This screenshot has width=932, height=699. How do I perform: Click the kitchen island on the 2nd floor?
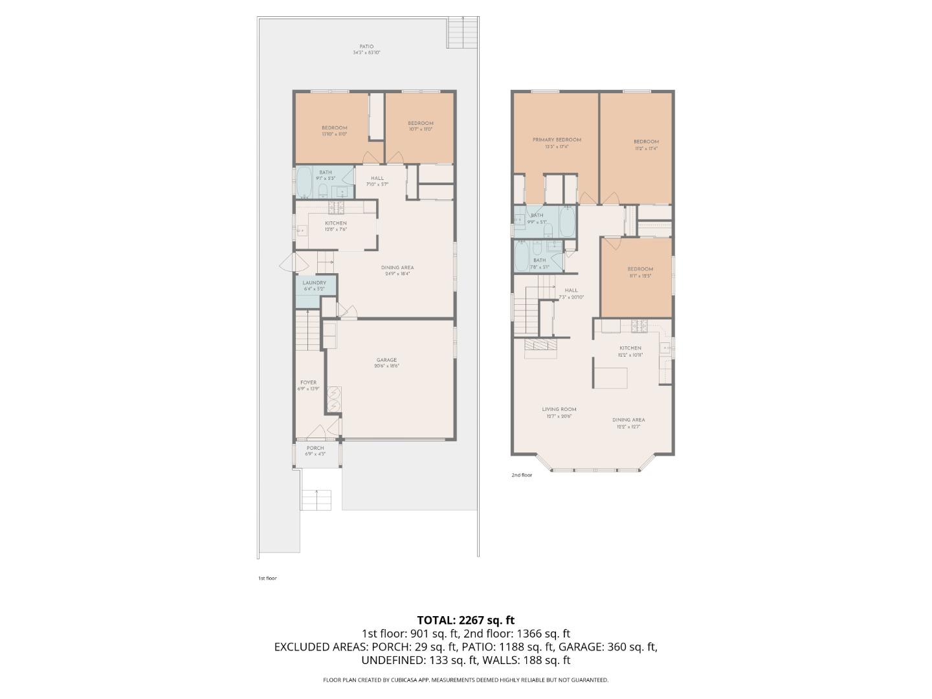click(x=611, y=377)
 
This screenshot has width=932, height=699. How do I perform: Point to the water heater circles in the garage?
click(x=334, y=399)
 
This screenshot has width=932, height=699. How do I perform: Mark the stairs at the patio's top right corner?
click(x=463, y=32)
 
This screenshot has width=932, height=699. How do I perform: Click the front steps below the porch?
click(x=316, y=500)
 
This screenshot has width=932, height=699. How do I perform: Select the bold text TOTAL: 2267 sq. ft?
click(x=465, y=620)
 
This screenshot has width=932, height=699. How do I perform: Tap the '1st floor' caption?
click(x=267, y=578)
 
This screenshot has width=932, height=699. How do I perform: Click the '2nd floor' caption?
click(x=522, y=475)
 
